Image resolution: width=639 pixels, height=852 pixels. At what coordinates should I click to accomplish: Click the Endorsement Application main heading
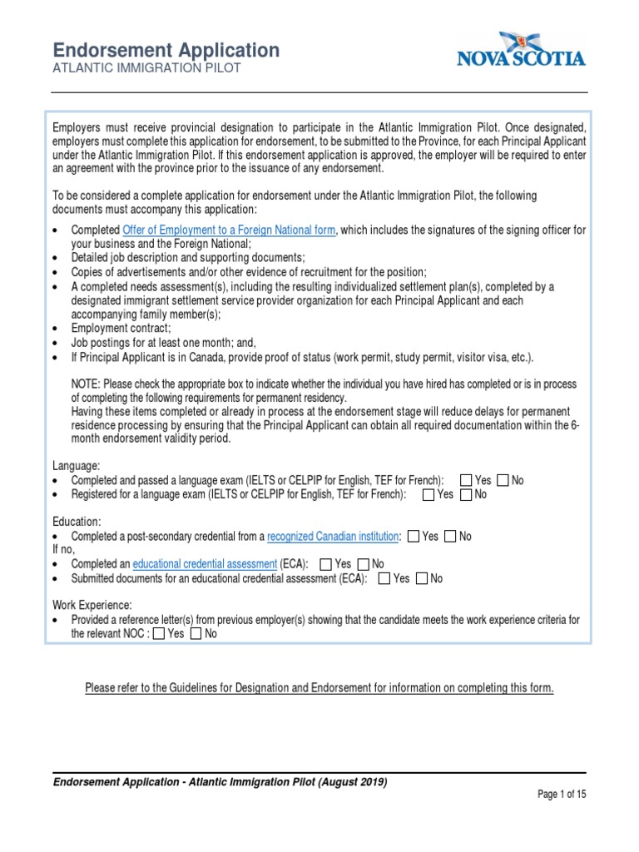coord(166,50)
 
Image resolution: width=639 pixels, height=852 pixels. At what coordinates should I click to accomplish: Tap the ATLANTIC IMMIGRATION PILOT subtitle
coord(146,68)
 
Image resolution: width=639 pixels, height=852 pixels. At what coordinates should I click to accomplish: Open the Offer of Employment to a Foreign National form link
coord(229,230)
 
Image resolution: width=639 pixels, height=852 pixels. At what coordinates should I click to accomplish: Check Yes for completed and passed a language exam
coord(464,481)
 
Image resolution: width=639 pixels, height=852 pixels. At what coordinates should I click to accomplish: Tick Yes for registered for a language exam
coord(428,495)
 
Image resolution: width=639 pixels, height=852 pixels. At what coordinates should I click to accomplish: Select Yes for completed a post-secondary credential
coord(413,537)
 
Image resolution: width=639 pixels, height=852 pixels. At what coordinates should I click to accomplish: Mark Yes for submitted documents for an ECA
coord(384,578)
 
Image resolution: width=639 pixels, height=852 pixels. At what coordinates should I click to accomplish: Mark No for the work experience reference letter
coord(196,634)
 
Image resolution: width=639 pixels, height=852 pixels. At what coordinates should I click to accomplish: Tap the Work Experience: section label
coord(92,606)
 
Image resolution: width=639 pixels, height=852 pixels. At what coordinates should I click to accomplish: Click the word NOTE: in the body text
coord(87,384)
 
